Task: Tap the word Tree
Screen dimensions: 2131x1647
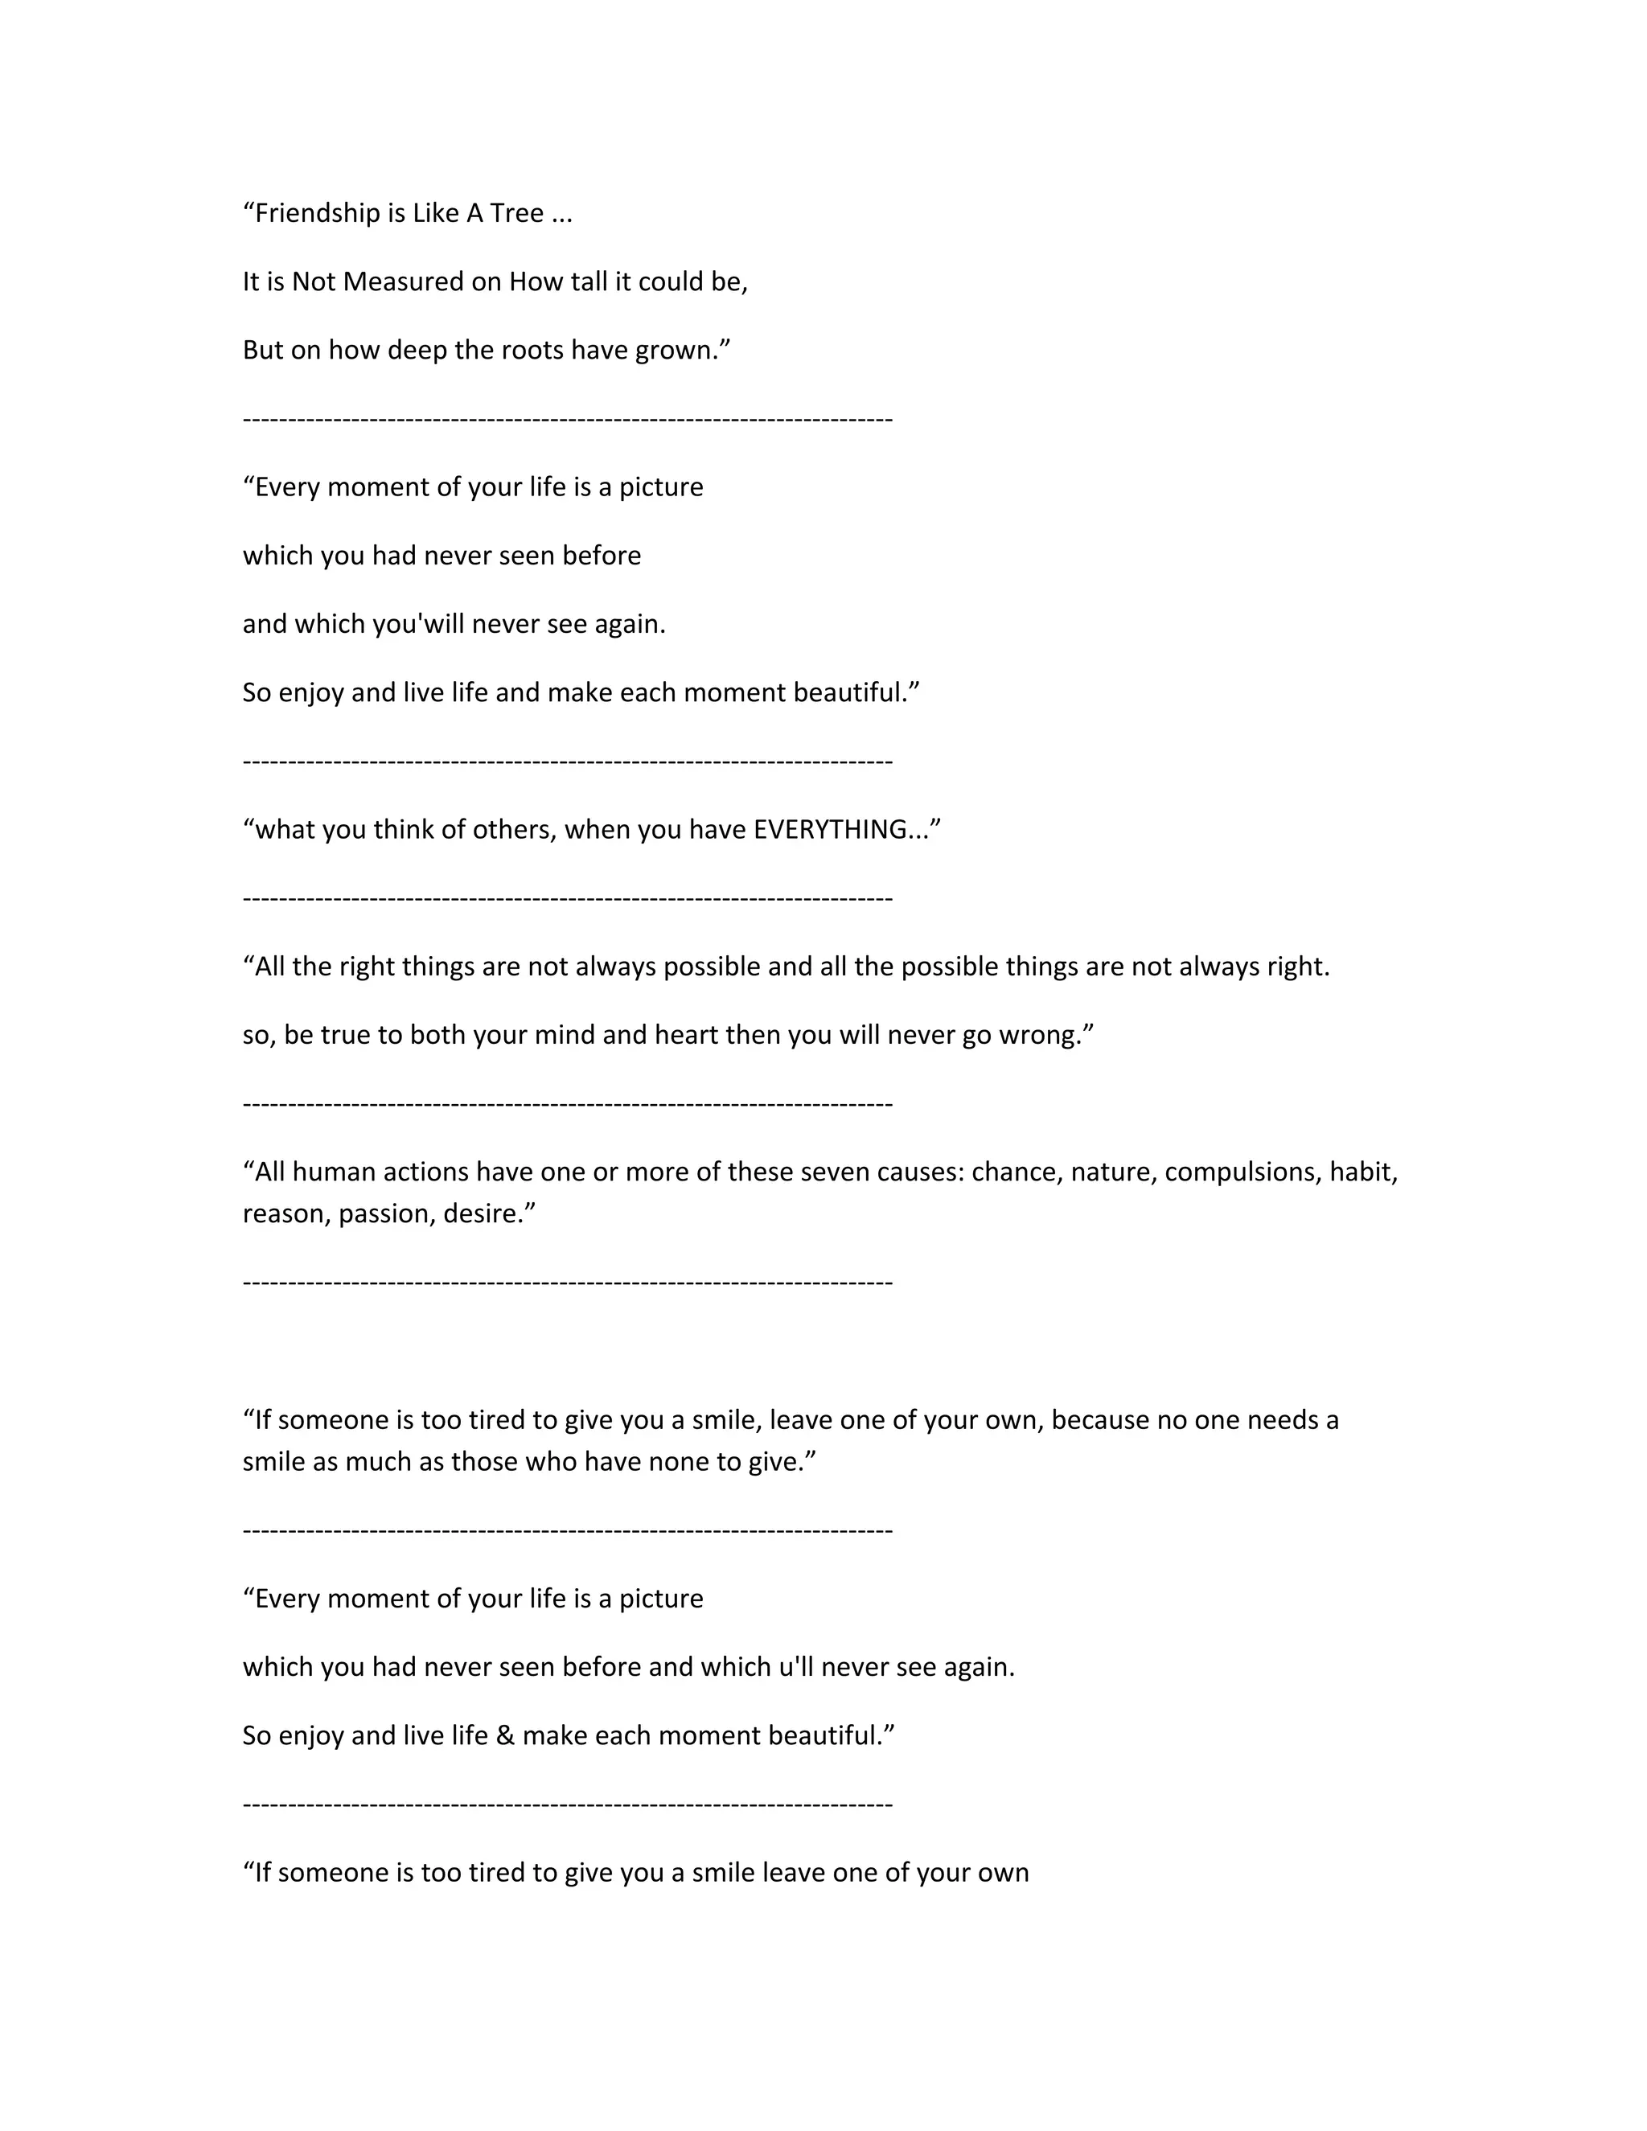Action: (517, 214)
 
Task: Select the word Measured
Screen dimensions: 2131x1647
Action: (421, 282)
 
